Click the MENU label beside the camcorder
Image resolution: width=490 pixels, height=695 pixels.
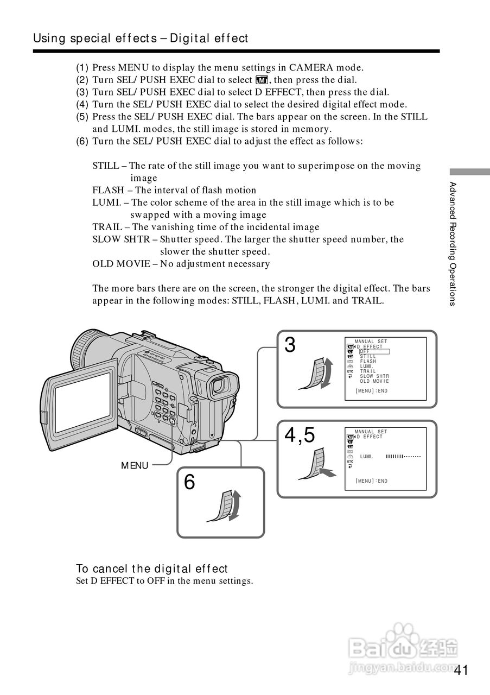[x=135, y=465]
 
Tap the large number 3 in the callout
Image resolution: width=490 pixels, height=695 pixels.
[x=290, y=345]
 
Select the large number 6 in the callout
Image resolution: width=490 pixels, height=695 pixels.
[x=189, y=482]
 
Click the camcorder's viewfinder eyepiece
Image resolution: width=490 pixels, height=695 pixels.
[x=218, y=385]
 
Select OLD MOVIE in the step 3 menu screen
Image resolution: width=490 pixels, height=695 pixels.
[x=374, y=381]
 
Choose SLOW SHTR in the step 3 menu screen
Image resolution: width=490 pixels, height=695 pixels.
[x=374, y=376]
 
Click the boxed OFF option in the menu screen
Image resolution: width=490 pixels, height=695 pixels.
[x=374, y=351]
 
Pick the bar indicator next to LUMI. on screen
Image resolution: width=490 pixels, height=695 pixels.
[x=403, y=457]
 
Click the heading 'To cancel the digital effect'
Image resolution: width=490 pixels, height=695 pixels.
[x=152, y=568]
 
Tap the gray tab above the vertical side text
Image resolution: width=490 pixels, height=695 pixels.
[x=469, y=171]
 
